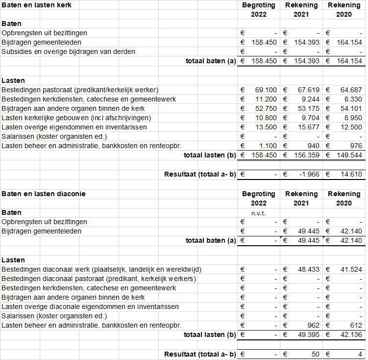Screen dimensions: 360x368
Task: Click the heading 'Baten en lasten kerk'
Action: pos(37,5)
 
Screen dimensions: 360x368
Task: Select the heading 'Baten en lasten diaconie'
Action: pos(44,194)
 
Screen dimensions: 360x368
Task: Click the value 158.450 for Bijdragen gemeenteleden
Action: pos(264,43)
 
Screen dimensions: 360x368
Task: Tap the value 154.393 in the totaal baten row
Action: pos(306,61)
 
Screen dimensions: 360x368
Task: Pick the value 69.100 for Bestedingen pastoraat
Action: pos(266,90)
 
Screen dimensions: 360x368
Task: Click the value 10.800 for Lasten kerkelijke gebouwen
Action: pos(266,118)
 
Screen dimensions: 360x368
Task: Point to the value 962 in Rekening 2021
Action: pos(313,325)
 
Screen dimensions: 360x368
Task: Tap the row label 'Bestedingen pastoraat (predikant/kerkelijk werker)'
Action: pos(80,90)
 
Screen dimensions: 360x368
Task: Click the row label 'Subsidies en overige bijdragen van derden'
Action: pos(69,52)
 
